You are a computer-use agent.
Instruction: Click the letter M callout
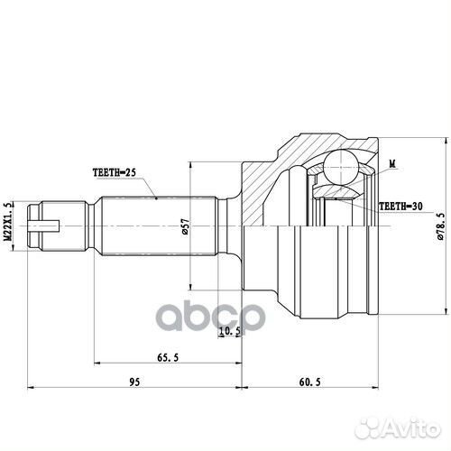tap(391, 163)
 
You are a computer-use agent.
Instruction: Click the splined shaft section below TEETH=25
tap(153, 225)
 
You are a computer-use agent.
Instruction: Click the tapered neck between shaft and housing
tap(233, 225)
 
